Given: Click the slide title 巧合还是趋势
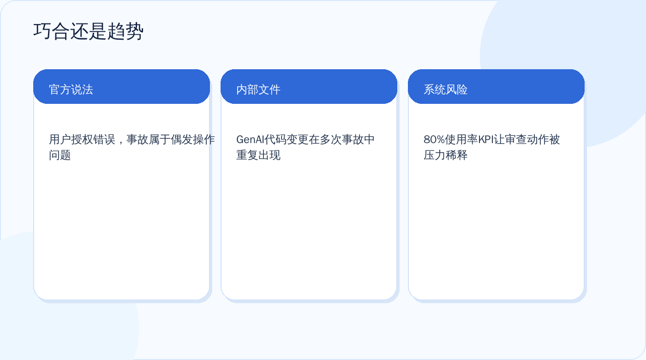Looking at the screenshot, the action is click(x=88, y=31).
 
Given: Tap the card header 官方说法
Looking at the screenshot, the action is click(x=71, y=90).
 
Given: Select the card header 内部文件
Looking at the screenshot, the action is click(x=258, y=90).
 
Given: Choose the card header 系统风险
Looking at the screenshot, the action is click(x=446, y=90).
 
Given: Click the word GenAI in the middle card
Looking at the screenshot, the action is click(x=250, y=139).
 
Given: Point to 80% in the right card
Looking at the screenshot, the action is click(x=434, y=139).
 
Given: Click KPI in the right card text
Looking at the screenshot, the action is click(x=485, y=139).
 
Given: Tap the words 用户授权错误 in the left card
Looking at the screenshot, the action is click(x=82, y=139).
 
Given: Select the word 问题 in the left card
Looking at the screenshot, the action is click(x=60, y=155).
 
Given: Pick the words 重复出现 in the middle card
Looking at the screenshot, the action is click(x=258, y=155).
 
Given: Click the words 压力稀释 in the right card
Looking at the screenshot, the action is click(x=446, y=155).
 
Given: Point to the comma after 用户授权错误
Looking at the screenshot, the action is click(x=121, y=142).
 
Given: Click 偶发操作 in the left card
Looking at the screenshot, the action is click(x=193, y=139).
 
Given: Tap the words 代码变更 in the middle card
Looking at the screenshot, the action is click(x=287, y=139).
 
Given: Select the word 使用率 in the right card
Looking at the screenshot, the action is click(x=461, y=139).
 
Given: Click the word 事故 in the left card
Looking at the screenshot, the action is click(x=138, y=139).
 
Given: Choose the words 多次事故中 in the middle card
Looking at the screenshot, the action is click(x=347, y=139).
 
